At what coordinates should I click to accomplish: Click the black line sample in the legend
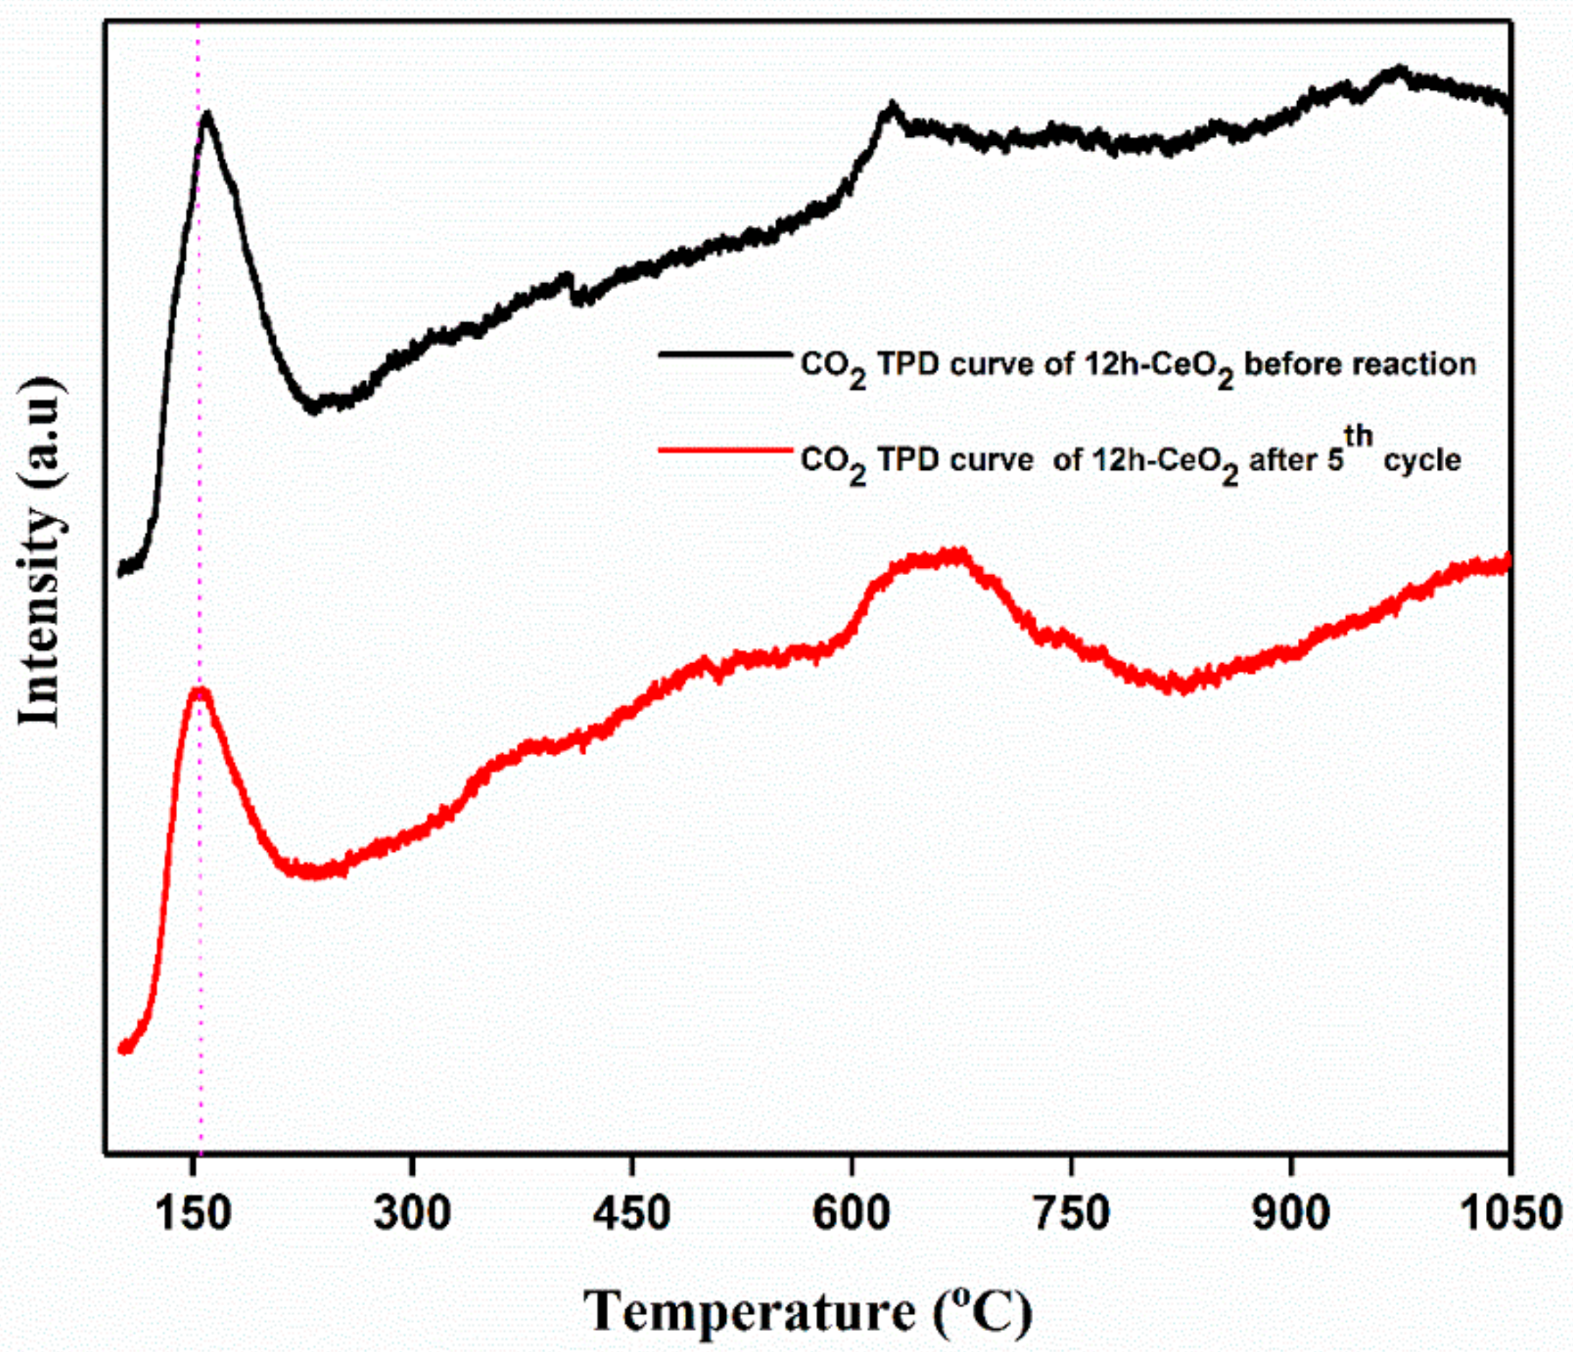(725, 354)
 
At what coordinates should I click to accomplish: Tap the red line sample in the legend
(725, 450)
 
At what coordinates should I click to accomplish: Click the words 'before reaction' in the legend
(1360, 365)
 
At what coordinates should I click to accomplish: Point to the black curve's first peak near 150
(206, 115)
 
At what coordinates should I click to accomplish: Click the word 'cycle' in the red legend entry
(1421, 461)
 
